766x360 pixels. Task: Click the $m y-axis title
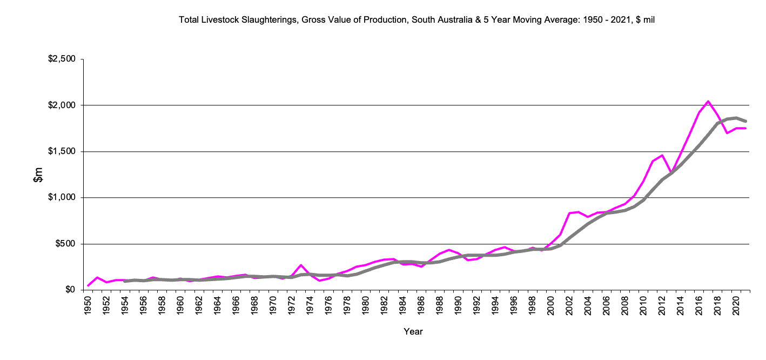(38, 175)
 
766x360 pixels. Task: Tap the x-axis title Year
(413, 331)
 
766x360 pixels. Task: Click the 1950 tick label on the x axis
(88, 306)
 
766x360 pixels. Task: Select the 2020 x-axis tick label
(735, 306)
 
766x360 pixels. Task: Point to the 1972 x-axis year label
(292, 306)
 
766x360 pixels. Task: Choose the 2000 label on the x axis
(550, 306)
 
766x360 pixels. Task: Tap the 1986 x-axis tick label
(421, 306)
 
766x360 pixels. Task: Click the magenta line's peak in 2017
(708, 101)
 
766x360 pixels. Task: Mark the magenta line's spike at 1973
(301, 265)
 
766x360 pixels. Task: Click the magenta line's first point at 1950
(88, 285)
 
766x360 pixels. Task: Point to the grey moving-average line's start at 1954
(125, 281)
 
